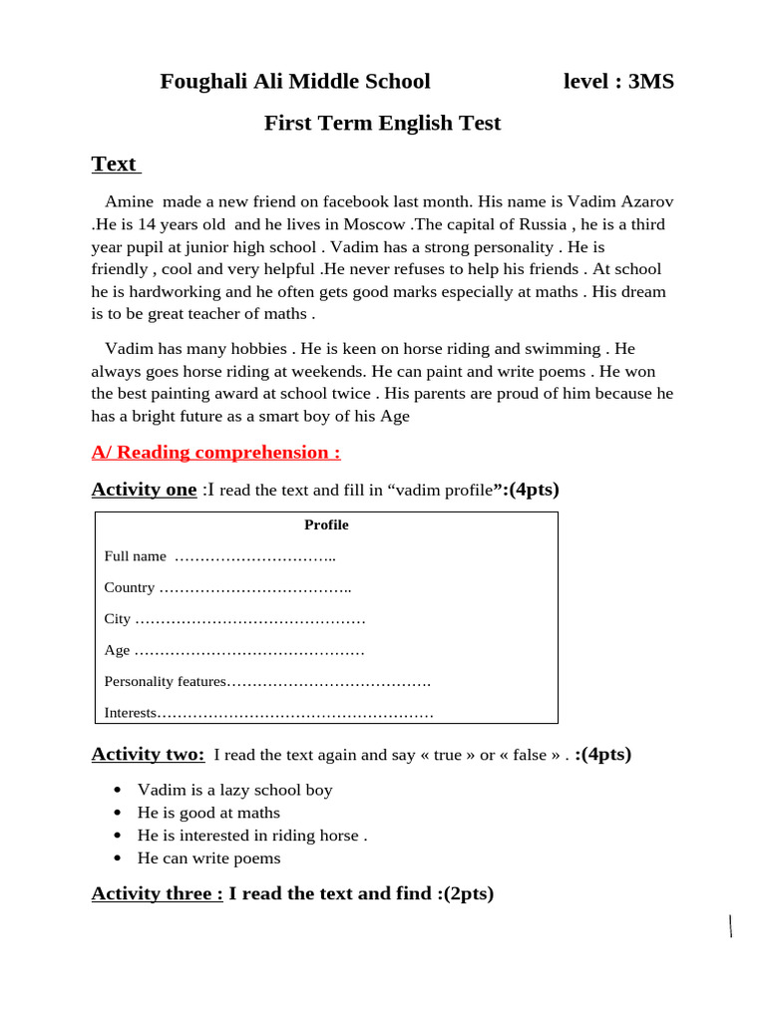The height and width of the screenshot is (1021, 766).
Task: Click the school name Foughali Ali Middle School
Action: (x=295, y=82)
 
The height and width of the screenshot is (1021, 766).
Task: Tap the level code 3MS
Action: (x=650, y=82)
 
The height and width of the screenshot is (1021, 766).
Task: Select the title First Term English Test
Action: (x=382, y=124)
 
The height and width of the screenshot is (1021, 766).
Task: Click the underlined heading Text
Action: (x=114, y=165)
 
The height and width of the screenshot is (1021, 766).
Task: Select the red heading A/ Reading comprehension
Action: (x=215, y=453)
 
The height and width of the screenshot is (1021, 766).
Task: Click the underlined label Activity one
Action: (x=144, y=490)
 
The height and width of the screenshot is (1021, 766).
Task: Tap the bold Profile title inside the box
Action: (x=326, y=524)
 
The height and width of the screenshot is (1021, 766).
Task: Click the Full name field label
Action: (x=135, y=555)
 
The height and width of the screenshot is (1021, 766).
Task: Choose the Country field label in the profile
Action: (x=130, y=587)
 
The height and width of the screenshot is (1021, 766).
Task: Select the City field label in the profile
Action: (x=117, y=619)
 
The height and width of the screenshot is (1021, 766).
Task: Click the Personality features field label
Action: (x=166, y=682)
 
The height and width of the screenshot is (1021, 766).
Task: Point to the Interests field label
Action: (x=131, y=713)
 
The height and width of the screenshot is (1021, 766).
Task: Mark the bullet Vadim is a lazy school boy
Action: (x=234, y=790)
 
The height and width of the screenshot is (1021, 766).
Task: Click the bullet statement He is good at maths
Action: (x=208, y=813)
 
